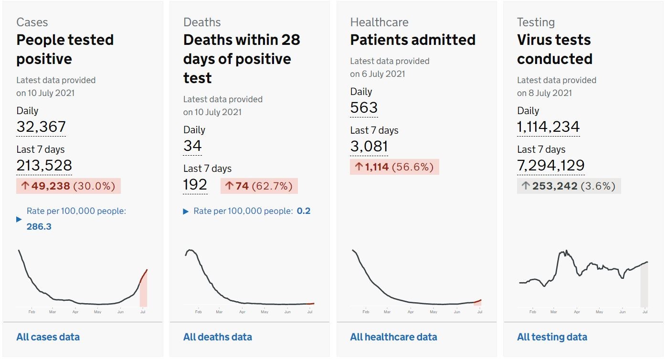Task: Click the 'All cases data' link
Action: click(x=48, y=337)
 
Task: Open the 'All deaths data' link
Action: click(x=218, y=337)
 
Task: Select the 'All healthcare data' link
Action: click(x=394, y=337)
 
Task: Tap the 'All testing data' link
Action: click(x=552, y=337)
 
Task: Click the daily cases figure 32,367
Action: click(x=41, y=127)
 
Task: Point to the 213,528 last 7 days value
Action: click(x=44, y=165)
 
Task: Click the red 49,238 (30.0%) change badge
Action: click(x=68, y=186)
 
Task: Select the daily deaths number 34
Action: click(x=192, y=146)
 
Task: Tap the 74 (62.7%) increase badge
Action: click(x=259, y=186)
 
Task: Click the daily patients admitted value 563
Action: click(x=364, y=107)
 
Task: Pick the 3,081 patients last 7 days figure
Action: click(x=369, y=146)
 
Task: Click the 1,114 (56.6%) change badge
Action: click(x=394, y=167)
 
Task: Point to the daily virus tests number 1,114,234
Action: click(x=548, y=127)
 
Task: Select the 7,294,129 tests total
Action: click(x=550, y=165)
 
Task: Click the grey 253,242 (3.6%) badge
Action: click(x=569, y=186)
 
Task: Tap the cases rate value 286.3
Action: click(x=39, y=226)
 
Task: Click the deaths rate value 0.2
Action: click(x=304, y=211)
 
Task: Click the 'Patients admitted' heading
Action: click(x=412, y=40)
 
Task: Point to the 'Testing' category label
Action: click(x=536, y=22)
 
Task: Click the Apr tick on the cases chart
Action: click(x=75, y=312)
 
